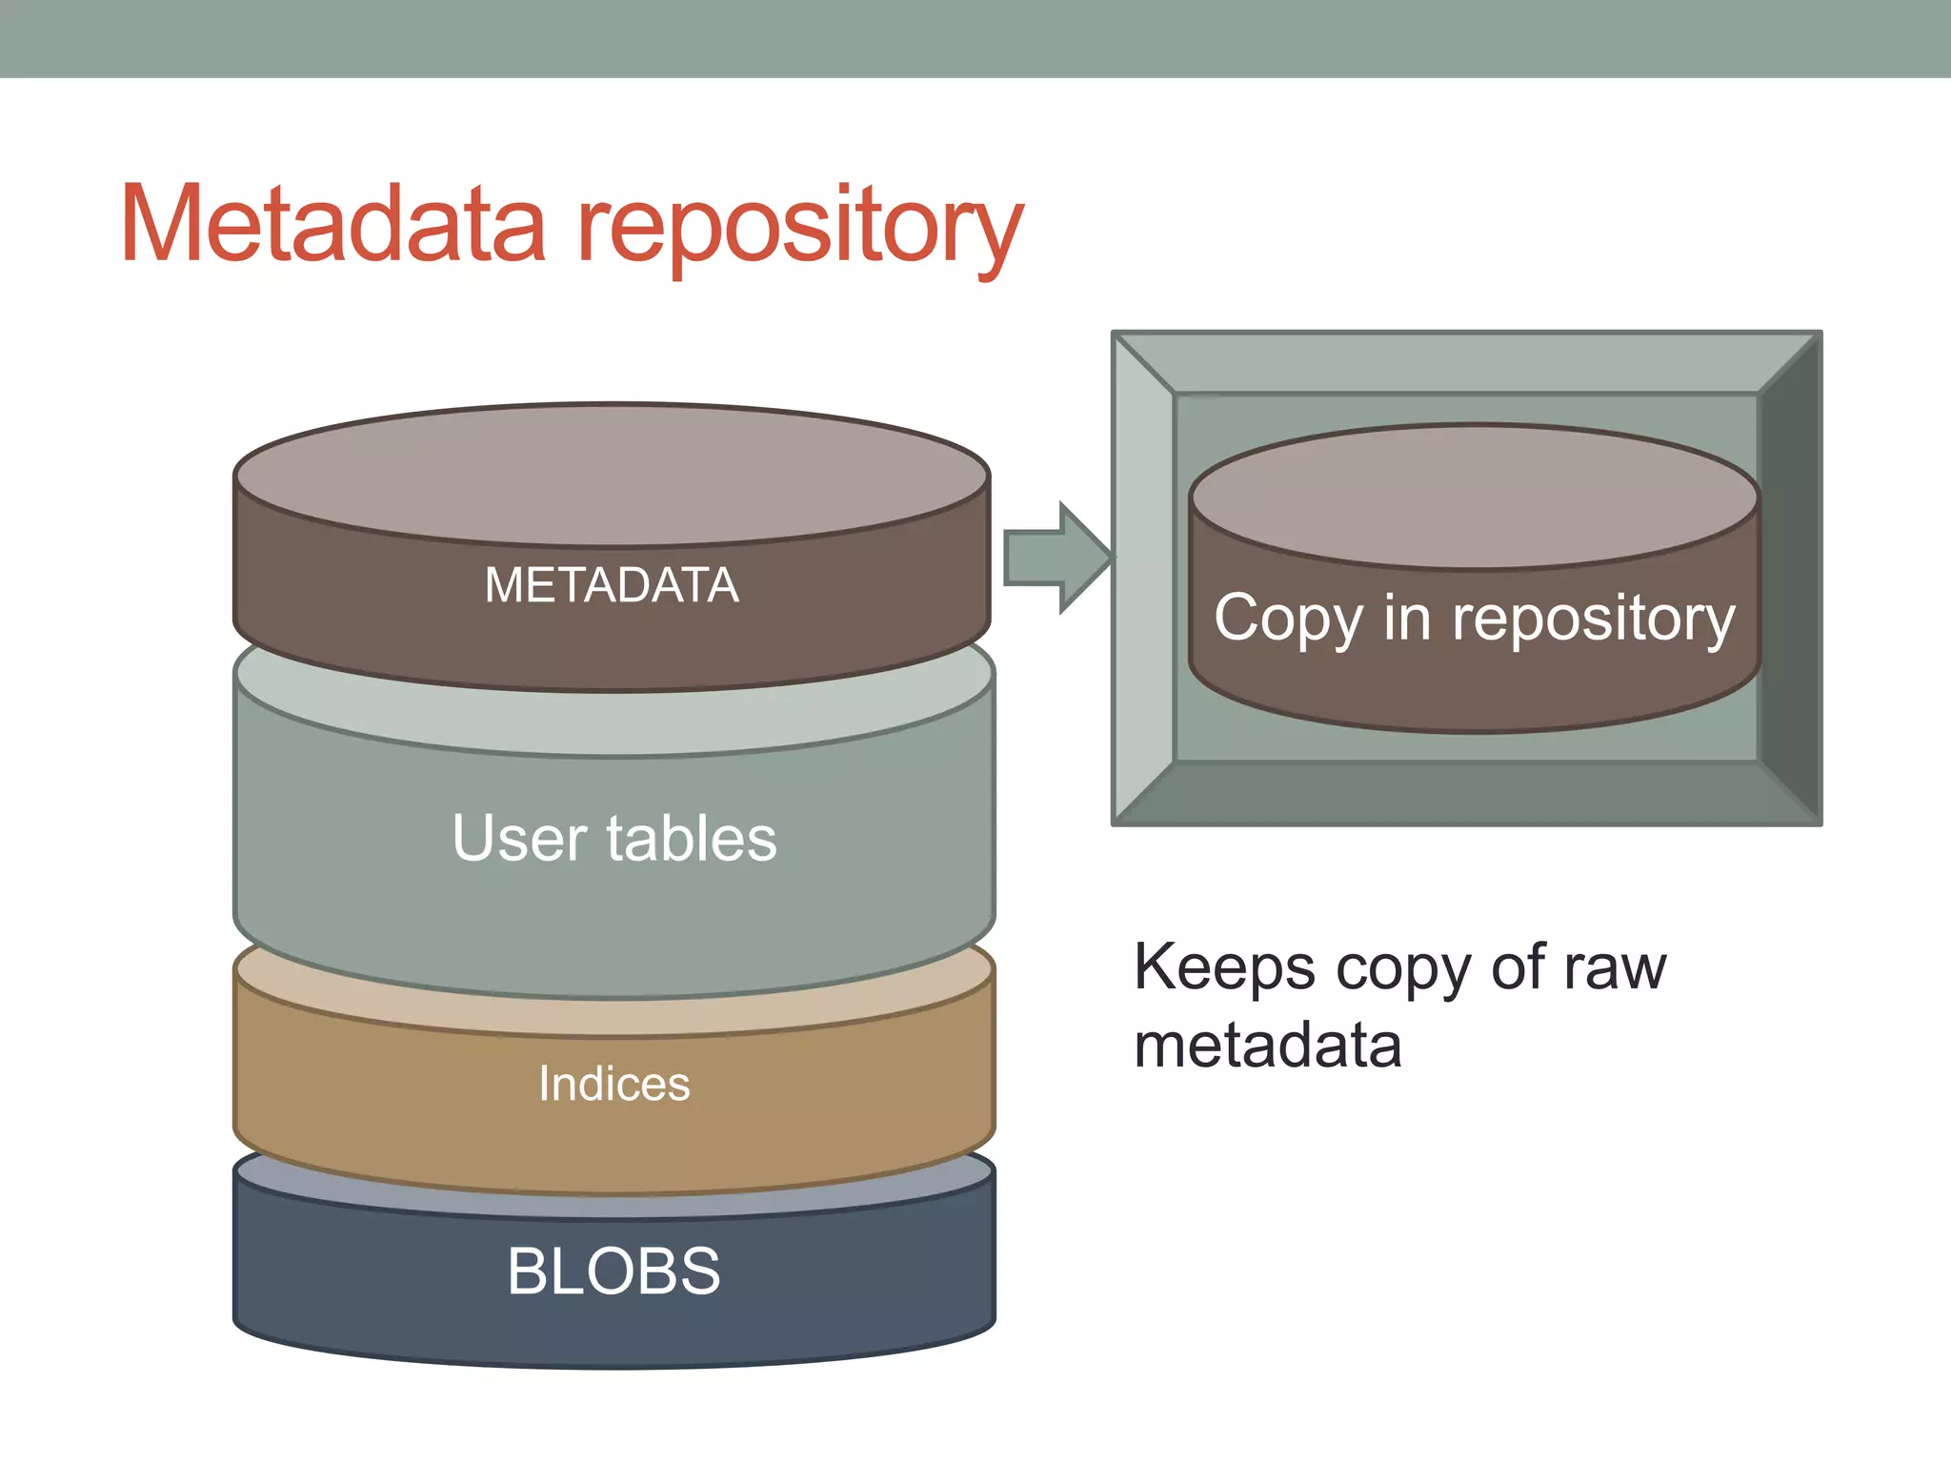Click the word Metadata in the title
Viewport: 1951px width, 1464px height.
pyautogui.click(x=332, y=225)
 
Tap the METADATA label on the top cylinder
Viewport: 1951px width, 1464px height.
pyautogui.click(x=612, y=585)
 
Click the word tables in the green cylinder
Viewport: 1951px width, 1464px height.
pyautogui.click(x=692, y=839)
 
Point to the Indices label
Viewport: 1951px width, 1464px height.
pyautogui.click(x=613, y=1084)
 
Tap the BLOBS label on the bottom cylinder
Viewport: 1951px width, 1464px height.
pyautogui.click(x=613, y=1271)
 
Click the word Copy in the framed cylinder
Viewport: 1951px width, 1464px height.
pyautogui.click(x=1288, y=620)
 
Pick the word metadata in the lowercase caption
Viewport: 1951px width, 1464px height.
pyautogui.click(x=1268, y=1046)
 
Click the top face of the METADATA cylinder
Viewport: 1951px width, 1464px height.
pyautogui.click(x=612, y=475)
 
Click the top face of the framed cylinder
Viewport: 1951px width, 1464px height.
pyautogui.click(x=1474, y=496)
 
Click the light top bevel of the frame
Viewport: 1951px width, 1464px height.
pyautogui.click(x=1467, y=363)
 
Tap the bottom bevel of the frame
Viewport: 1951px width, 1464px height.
pyautogui.click(x=1467, y=793)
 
